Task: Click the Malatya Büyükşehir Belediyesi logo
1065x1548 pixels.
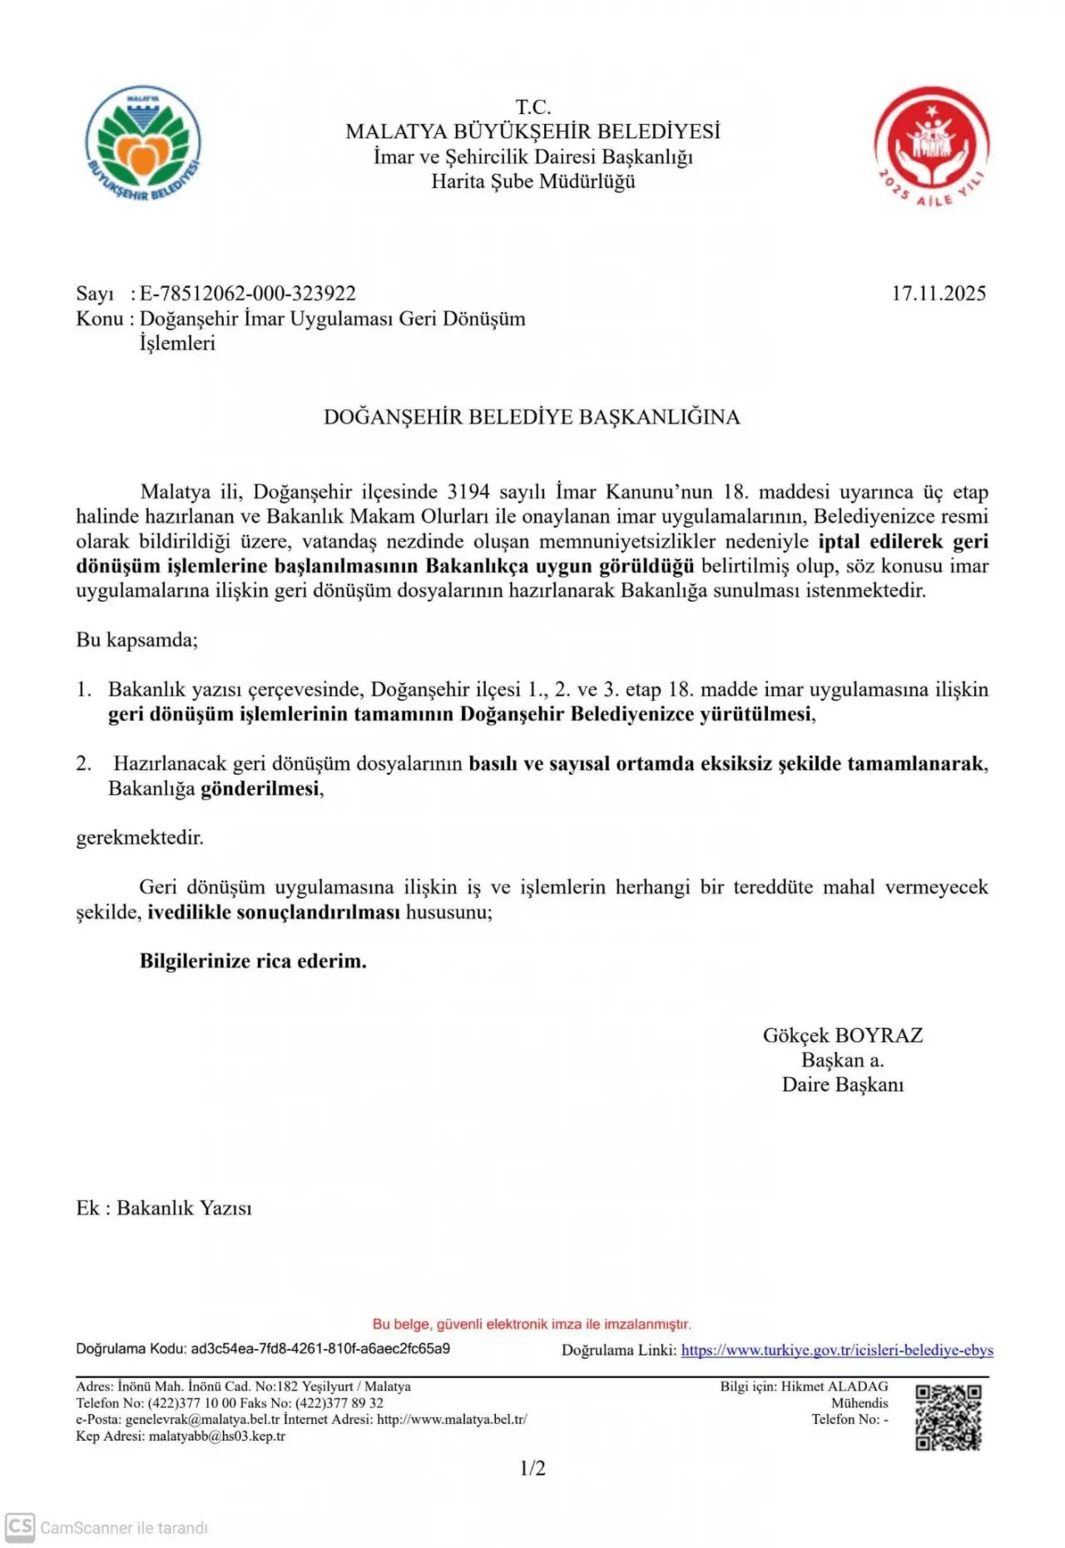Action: [143, 144]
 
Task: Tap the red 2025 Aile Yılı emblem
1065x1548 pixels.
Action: [931, 146]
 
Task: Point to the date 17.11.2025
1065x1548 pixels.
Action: [939, 294]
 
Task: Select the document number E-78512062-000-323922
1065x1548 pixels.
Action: [247, 294]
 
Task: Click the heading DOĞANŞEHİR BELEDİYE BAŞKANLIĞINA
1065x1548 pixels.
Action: [532, 417]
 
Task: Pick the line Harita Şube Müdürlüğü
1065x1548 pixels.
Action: [532, 181]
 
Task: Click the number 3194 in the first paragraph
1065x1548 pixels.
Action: [468, 492]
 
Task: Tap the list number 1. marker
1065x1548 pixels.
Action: [84, 690]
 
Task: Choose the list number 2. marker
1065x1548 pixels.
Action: [84, 764]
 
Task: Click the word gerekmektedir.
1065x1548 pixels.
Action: [140, 838]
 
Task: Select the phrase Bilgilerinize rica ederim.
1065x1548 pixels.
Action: [253, 961]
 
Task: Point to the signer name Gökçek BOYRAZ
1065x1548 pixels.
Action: [842, 1035]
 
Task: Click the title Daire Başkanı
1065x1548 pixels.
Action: [842, 1084]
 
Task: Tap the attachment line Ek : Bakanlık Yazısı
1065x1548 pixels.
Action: [164, 1208]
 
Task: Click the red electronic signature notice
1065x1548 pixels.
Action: [532, 1324]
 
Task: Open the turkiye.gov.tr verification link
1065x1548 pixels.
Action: [837, 1350]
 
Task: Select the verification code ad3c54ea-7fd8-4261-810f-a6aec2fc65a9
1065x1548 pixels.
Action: [320, 1348]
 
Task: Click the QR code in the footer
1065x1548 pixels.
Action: [949, 1417]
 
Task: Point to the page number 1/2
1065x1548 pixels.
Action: [532, 1468]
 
